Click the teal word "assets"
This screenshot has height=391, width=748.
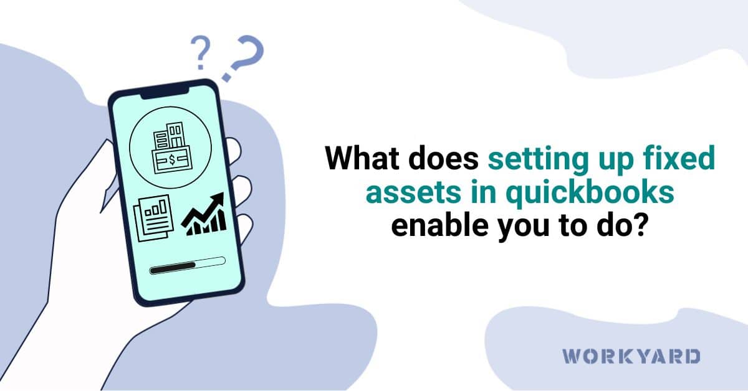(x=405, y=194)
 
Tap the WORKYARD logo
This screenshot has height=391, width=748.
(x=631, y=357)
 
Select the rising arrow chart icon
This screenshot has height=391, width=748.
(x=203, y=214)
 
